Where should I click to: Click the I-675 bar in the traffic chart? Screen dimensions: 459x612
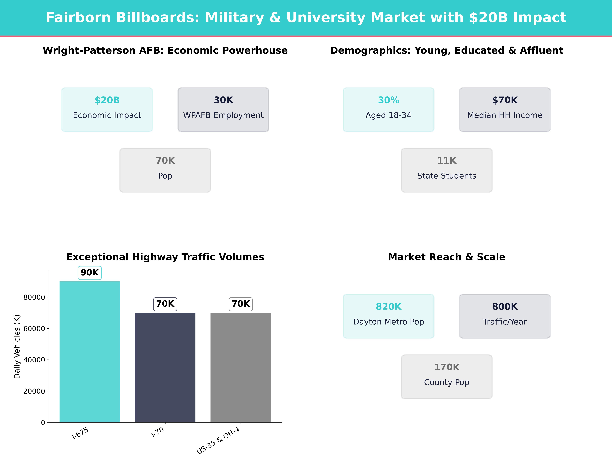[x=90, y=351]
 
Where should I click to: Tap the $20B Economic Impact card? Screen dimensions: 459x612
[x=107, y=110]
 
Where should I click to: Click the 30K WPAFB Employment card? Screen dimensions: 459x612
[x=223, y=110]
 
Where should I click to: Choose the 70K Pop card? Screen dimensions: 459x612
[x=165, y=170]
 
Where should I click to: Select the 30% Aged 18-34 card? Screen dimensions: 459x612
[x=388, y=110]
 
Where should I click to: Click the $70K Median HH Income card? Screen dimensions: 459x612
[x=505, y=110]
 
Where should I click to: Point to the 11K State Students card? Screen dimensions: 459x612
[x=447, y=170]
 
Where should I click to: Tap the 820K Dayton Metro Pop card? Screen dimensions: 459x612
[x=388, y=316]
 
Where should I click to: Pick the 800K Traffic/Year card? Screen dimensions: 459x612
[x=505, y=316]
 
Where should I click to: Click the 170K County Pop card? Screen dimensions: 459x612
[x=447, y=377]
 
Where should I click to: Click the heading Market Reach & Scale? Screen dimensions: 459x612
[x=447, y=257]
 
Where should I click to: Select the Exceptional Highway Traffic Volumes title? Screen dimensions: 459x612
[x=165, y=257]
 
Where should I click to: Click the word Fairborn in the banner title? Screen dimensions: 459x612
[x=78, y=18]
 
